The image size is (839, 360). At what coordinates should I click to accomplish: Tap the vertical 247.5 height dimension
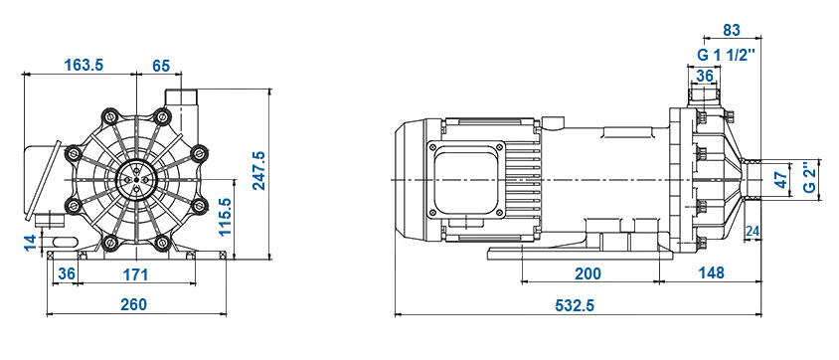click(x=258, y=170)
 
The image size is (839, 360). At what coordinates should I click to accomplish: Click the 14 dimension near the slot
click(x=30, y=240)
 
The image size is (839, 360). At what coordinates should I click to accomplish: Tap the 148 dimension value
click(x=710, y=273)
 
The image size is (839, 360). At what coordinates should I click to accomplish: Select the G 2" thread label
click(x=810, y=180)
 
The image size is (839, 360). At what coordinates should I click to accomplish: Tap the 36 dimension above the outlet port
click(x=705, y=76)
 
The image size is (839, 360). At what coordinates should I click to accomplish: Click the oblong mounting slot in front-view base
click(x=64, y=241)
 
